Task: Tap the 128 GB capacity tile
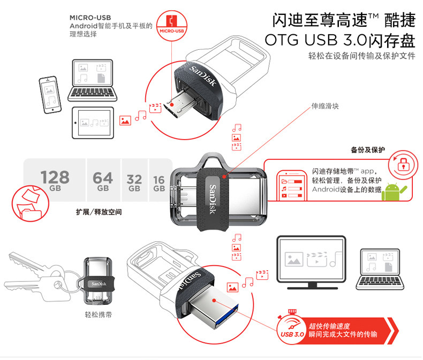pos(55,180)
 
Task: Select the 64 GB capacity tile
pos(103,181)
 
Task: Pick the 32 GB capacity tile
pos(134,182)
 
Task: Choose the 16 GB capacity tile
pos(159,182)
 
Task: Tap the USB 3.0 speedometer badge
pos(291,328)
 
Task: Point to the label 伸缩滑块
pos(326,106)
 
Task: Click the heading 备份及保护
pos(368,150)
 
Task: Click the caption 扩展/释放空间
pos(99,212)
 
